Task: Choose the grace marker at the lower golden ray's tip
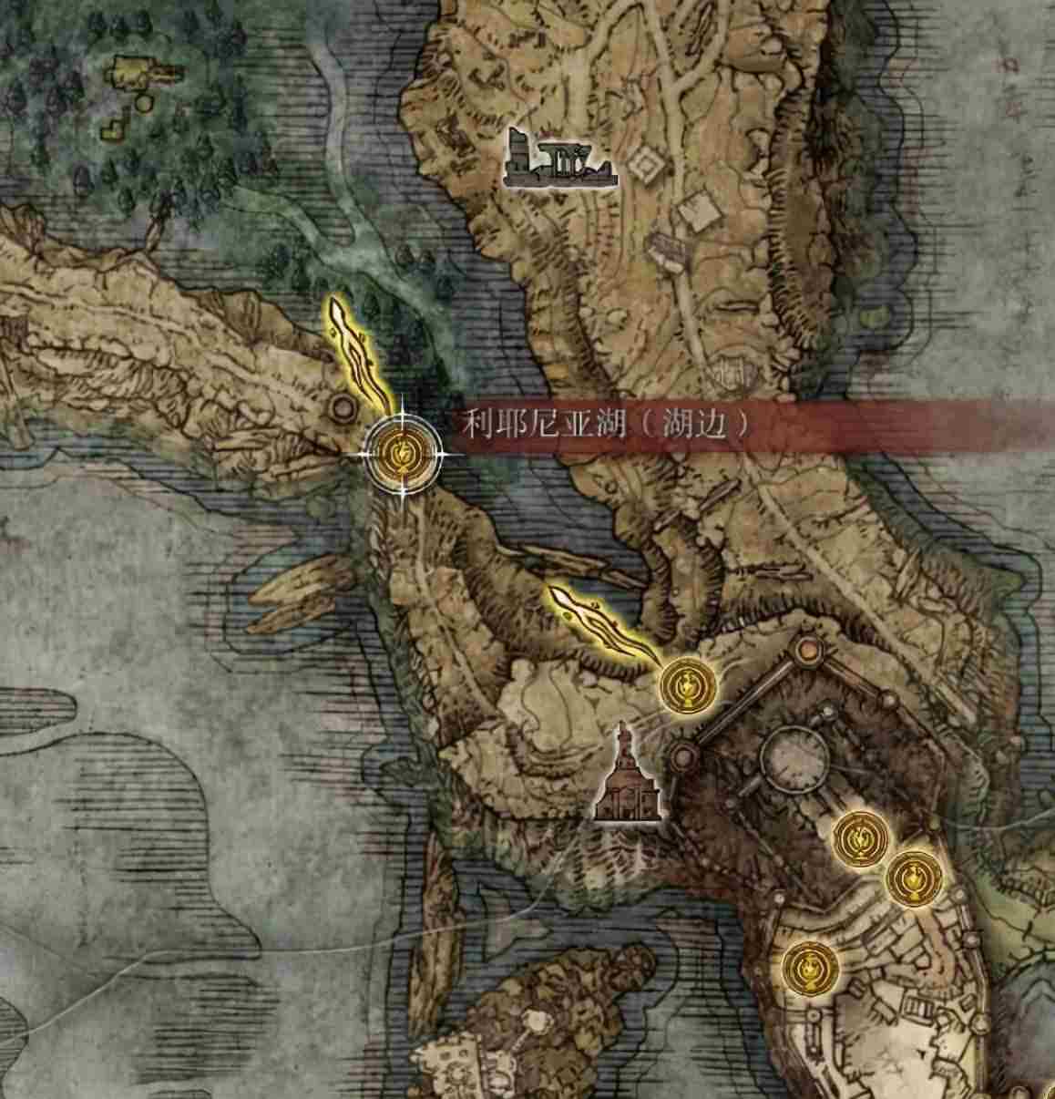(x=687, y=684)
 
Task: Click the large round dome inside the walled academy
(x=795, y=754)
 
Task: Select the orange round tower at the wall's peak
(x=806, y=650)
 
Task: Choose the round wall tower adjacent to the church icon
(x=681, y=755)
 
